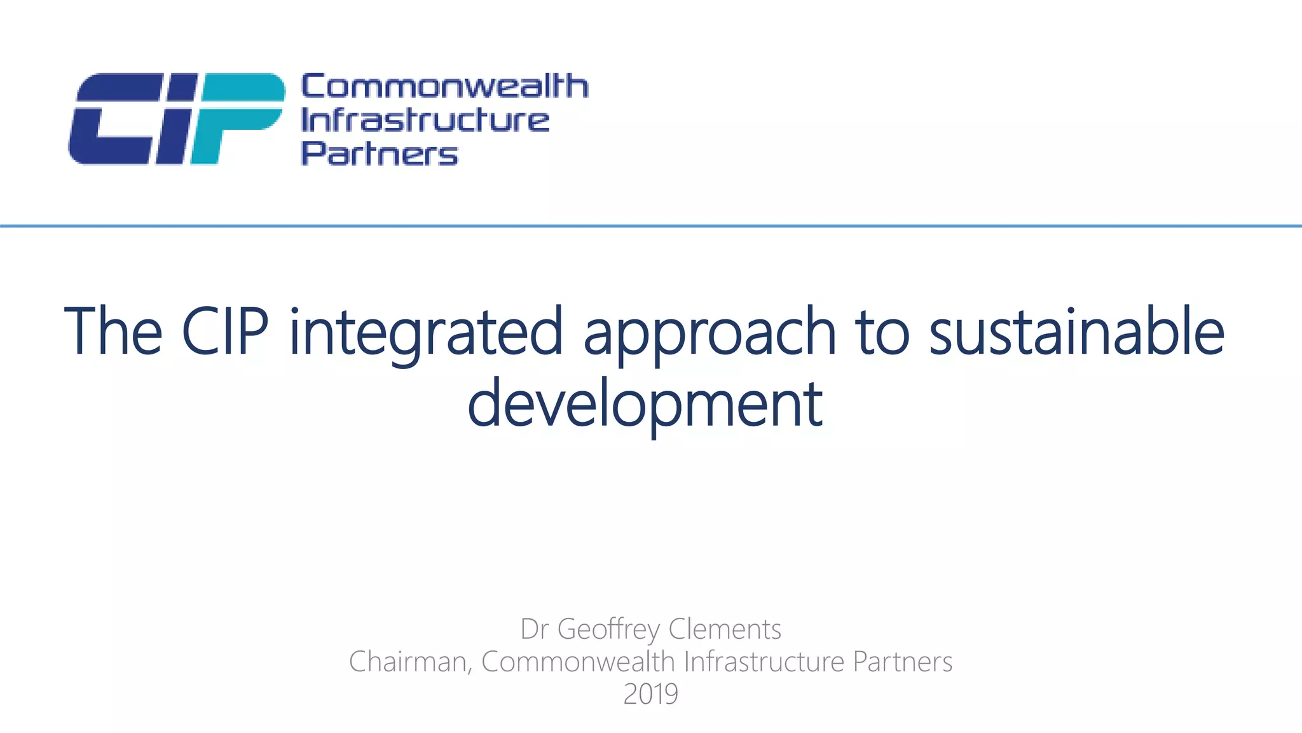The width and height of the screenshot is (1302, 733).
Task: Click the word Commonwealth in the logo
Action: [444, 87]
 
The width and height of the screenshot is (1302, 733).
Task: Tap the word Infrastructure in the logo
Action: [425, 120]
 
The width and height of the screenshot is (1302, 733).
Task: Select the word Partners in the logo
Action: [379, 154]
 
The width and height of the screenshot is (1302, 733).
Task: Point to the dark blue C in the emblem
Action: [114, 119]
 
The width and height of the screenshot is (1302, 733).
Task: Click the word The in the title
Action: [113, 332]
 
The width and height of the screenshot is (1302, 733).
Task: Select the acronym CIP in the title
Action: [225, 332]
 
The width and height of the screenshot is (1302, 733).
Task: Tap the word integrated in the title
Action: [426, 334]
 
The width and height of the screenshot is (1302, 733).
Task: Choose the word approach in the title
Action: [709, 334]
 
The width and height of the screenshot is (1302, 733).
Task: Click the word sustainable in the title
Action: [1076, 332]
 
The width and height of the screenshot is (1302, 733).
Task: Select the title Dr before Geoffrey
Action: [534, 629]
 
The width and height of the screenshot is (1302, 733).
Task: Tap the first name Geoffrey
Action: [608, 630]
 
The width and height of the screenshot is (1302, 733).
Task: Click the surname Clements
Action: [725, 629]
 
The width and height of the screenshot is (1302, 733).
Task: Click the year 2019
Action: [650, 694]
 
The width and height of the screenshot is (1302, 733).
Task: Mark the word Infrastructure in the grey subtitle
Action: [764, 662]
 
